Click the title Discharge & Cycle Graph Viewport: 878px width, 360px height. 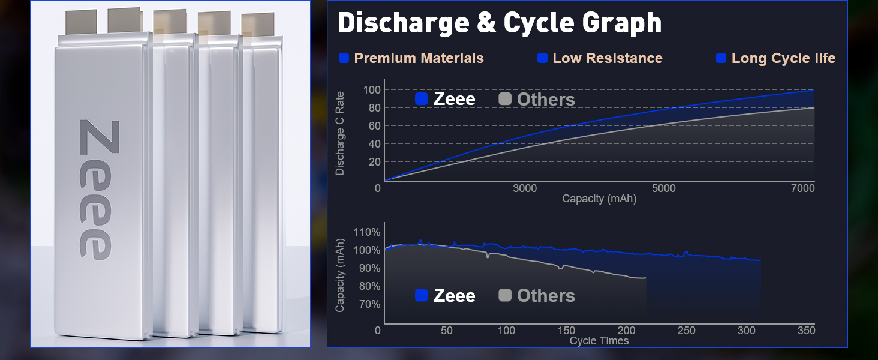500,23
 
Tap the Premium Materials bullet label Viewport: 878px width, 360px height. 419,58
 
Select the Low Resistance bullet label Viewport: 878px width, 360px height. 607,58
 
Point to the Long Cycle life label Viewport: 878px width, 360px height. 783,58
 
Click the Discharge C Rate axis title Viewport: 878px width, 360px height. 340,133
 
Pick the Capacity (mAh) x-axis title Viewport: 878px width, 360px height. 599,199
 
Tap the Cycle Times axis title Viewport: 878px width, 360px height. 599,341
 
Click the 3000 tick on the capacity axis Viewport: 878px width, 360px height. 525,188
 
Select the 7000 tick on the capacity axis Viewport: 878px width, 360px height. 803,188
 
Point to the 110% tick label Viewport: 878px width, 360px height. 366,232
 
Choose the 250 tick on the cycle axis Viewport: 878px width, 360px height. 686,331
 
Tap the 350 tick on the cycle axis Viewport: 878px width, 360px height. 807,331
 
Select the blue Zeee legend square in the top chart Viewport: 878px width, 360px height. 422,99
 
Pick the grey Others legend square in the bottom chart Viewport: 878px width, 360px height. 505,295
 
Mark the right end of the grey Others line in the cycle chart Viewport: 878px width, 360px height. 646,278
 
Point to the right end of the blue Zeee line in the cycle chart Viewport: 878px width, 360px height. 761,260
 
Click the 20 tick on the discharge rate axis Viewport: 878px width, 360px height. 375,162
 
